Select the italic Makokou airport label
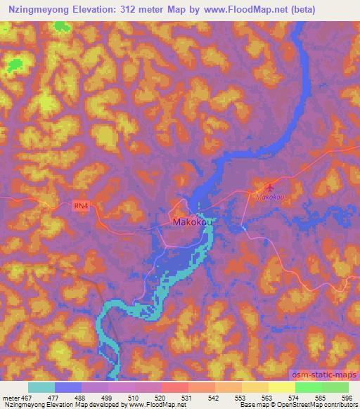click(269, 198)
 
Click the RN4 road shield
click(82, 206)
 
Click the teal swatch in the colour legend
click(41, 387)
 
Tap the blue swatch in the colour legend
click(68, 387)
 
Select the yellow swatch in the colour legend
click(281, 387)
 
